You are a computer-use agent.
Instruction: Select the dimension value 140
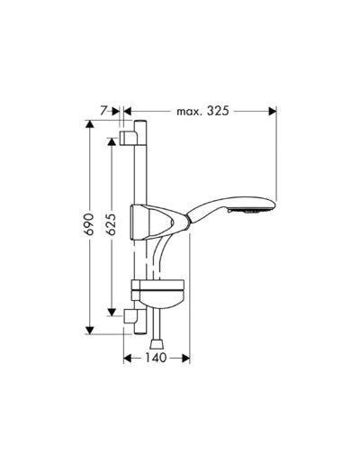click(157, 358)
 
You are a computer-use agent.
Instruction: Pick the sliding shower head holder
click(151, 222)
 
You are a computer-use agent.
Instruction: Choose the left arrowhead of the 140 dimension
click(126, 358)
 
